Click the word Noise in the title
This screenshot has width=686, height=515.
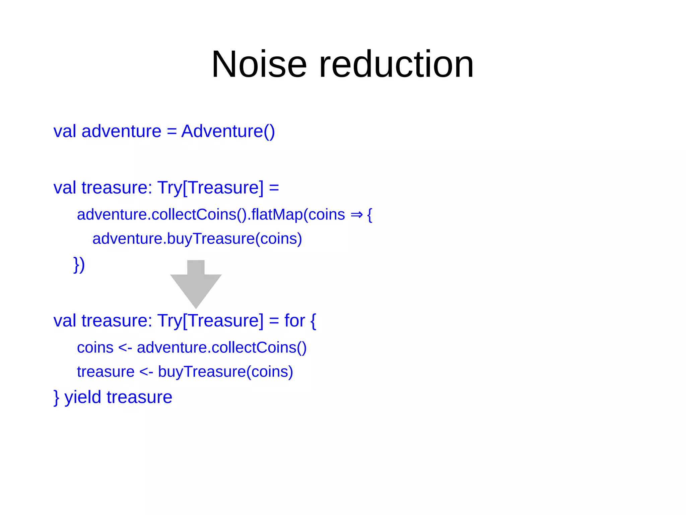[259, 64]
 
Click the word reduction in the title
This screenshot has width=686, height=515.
[396, 64]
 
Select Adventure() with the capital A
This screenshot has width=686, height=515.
[228, 131]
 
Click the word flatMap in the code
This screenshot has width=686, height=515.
[277, 215]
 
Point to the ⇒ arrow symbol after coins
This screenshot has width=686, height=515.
[356, 215]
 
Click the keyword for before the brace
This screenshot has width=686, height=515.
[294, 321]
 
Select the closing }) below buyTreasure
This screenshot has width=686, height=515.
[79, 265]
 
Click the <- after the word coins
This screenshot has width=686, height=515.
[125, 348]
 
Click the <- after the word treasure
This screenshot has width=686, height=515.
[146, 372]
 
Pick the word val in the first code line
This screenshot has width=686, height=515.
[65, 131]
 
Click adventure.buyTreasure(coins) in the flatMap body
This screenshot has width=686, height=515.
[197, 239]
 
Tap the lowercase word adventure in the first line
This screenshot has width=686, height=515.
[121, 131]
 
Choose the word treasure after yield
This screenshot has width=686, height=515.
[139, 397]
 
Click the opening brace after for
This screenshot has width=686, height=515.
[313, 321]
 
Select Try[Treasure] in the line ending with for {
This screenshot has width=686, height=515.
[210, 321]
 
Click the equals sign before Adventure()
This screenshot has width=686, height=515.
[171, 131]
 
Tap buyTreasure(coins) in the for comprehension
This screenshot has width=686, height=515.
[225, 372]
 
